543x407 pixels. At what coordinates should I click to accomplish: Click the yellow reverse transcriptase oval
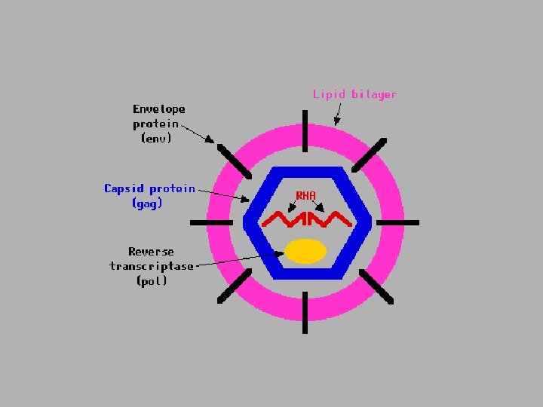tap(305, 251)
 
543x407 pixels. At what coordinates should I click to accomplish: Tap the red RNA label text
tap(305, 196)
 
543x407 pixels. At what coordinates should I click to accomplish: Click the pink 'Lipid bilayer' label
tap(354, 95)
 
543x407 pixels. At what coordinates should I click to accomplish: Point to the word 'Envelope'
tap(159, 109)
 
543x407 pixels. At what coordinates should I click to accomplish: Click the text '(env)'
tap(156, 138)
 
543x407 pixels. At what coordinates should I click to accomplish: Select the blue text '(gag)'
tap(147, 203)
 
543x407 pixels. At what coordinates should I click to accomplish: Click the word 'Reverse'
tap(151, 252)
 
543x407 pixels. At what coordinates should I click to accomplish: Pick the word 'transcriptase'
tap(152, 266)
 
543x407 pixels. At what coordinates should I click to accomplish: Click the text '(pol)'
tap(152, 281)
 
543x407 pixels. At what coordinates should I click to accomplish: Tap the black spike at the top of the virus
tap(305, 130)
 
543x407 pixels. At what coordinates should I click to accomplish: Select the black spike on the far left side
tap(211, 222)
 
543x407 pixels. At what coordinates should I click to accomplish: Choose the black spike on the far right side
tap(397, 222)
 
